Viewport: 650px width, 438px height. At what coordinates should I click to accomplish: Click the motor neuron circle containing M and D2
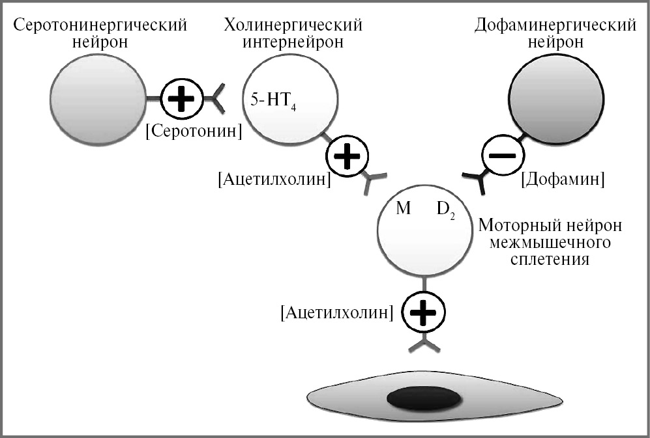coord(425,228)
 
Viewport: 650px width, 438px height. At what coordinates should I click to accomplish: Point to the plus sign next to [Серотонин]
coord(181,100)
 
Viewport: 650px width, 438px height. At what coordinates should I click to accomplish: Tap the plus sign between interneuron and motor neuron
coord(347,156)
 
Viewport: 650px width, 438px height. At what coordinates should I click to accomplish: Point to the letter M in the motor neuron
coord(403,210)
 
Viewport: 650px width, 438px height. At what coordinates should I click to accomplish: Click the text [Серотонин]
coord(194,131)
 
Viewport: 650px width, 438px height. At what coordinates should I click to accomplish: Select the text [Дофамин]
coord(563,179)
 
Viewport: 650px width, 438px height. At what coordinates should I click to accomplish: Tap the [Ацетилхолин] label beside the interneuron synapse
coord(274,180)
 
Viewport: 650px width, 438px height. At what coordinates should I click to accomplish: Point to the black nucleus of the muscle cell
coord(422,398)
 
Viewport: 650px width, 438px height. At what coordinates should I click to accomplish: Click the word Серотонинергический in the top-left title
coord(100,25)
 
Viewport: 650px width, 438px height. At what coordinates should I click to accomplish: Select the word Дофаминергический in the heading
coord(555,25)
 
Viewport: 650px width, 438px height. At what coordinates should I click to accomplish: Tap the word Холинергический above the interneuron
coord(293,25)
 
